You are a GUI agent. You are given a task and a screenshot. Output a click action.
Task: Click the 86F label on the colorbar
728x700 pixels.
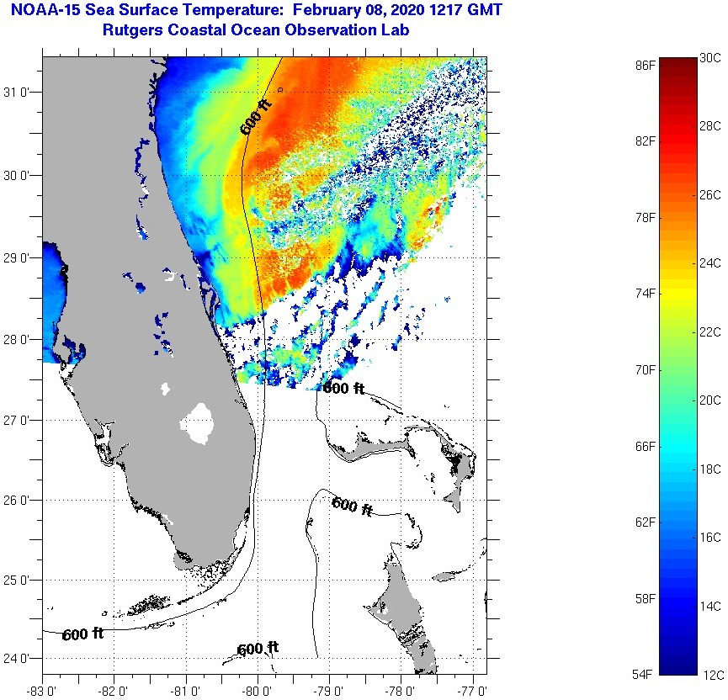click(x=646, y=65)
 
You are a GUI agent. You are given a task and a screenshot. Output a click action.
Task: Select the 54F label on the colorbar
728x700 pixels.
click(x=646, y=674)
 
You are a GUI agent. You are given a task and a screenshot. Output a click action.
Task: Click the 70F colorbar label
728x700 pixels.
click(x=646, y=369)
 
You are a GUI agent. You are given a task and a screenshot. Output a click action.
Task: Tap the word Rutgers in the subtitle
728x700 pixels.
click(x=134, y=30)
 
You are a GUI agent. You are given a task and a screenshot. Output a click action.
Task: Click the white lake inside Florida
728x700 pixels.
click(x=199, y=423)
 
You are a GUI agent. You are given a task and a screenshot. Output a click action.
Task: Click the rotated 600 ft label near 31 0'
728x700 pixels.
click(x=257, y=115)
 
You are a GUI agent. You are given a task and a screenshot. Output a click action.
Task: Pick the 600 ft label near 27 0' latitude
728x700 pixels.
click(x=344, y=389)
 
